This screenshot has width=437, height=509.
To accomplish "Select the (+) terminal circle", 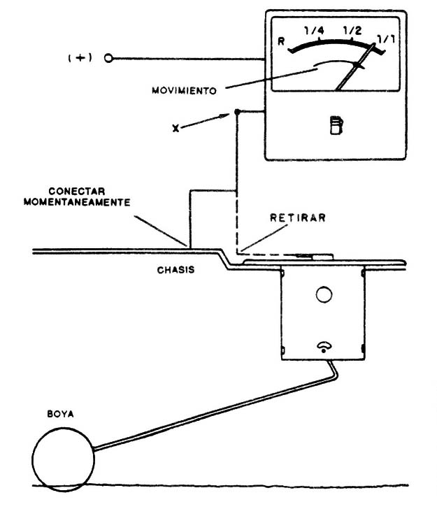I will coord(108,59).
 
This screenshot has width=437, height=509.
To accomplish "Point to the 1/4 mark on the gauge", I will coord(315,31).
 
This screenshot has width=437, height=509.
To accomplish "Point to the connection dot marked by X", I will coord(238,112).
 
